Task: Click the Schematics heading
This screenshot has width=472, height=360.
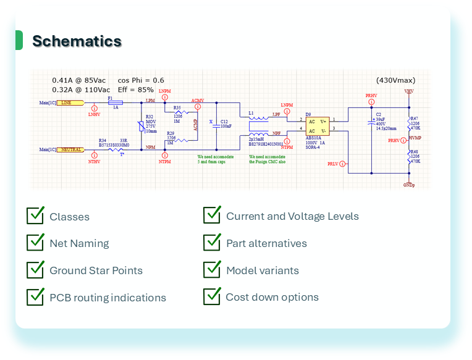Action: [77, 41]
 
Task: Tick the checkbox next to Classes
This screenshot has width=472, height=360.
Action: [35, 216]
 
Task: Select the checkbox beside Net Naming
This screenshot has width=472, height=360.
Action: [35, 242]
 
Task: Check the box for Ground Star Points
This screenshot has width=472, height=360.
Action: [35, 269]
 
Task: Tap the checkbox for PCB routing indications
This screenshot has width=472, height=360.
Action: [35, 296]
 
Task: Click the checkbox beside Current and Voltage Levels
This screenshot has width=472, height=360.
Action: [212, 215]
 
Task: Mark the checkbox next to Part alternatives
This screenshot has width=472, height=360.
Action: [212, 242]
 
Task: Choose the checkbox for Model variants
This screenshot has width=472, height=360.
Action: [212, 269]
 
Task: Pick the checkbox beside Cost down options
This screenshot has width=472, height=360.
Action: [212, 296]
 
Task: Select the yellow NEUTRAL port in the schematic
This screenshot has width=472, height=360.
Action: [72, 149]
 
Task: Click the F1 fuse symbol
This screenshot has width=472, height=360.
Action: [114, 103]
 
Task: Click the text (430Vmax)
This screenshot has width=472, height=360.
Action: [395, 80]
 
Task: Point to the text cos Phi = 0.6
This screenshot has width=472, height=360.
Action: [141, 80]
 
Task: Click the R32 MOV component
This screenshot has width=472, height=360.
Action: [141, 125]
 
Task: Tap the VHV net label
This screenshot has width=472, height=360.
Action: [408, 91]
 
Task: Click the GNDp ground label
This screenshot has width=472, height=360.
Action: [408, 185]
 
